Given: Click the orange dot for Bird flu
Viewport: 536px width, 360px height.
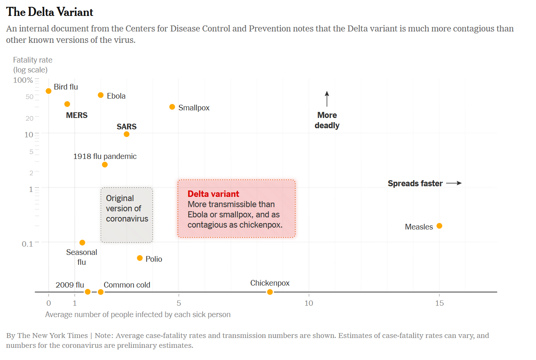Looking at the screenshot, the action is pyautogui.click(x=49, y=91).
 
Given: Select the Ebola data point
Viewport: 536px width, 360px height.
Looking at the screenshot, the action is pyautogui.click(x=101, y=95).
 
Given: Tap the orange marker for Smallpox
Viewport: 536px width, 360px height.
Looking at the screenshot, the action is pyautogui.click(x=172, y=107).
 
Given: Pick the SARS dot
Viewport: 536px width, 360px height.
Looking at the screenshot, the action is pyautogui.click(x=127, y=134).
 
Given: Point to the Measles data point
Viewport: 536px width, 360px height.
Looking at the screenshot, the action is pyautogui.click(x=439, y=226).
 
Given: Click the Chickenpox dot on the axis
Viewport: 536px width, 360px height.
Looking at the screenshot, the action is pyautogui.click(x=270, y=292).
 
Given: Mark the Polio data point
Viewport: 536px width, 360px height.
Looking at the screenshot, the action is pyautogui.click(x=140, y=258).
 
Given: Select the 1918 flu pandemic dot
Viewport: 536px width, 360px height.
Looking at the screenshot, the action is pyautogui.click(x=105, y=165).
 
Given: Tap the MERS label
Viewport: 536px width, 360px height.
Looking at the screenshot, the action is pyautogui.click(x=77, y=115).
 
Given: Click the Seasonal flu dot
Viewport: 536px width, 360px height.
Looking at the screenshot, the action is pyautogui.click(x=82, y=243).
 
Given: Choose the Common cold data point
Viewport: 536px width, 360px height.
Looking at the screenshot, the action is pyautogui.click(x=101, y=292).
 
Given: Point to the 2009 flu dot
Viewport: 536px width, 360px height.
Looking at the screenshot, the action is pyautogui.click(x=88, y=292).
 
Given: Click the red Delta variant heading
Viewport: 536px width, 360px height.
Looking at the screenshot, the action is pyautogui.click(x=213, y=194).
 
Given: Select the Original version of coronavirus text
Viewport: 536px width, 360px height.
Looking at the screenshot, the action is pyautogui.click(x=127, y=209).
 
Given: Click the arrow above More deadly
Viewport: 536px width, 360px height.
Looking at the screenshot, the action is pyautogui.click(x=327, y=99).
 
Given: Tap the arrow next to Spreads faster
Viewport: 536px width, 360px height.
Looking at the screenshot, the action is pyautogui.click(x=454, y=183).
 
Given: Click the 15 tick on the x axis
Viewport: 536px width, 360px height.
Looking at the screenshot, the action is pyautogui.click(x=439, y=303).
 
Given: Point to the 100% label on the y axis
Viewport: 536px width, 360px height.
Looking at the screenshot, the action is pyautogui.click(x=23, y=80).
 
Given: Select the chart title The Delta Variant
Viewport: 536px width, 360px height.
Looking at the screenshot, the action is pyautogui.click(x=50, y=12).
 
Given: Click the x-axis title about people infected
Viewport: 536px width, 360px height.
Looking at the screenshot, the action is pyautogui.click(x=138, y=314).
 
